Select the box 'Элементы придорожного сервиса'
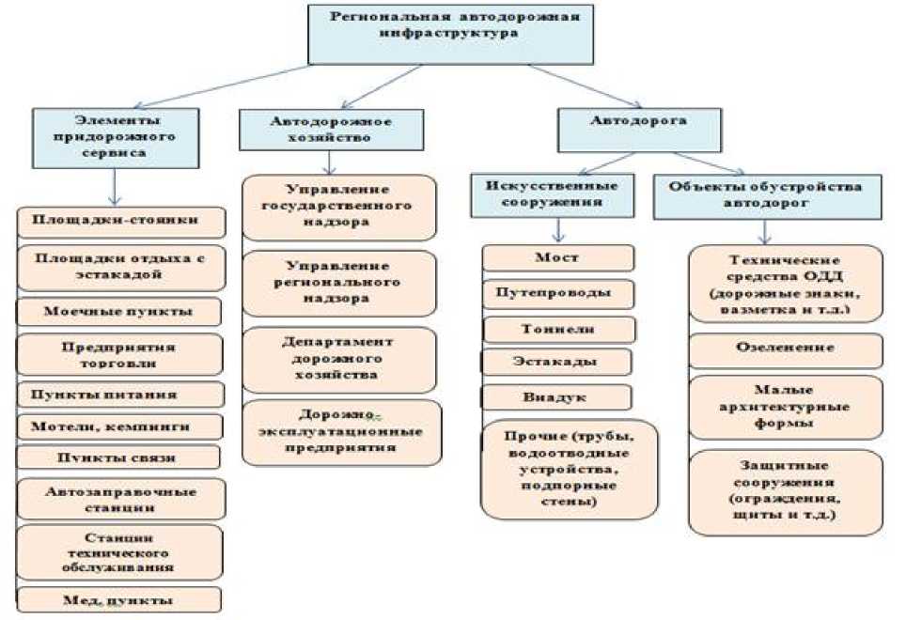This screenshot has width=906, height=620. tap(115, 137)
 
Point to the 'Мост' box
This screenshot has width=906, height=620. tap(557, 257)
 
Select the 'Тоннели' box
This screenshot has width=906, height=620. tap(559, 329)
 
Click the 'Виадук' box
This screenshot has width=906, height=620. tap(559, 396)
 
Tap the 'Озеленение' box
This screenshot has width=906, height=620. tap(786, 349)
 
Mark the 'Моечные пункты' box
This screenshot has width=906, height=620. tap(119, 311)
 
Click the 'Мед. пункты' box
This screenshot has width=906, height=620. tap(119, 599)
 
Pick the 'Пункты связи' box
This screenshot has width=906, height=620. tap(119, 457)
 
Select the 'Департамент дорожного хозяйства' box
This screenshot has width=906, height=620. tap(338, 360)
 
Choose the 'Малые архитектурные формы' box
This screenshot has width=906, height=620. tap(786, 408)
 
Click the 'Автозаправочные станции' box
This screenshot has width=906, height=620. tap(120, 499)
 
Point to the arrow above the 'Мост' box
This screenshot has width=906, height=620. tap(558, 229)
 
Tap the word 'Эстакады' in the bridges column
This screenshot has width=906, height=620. tap(557, 361)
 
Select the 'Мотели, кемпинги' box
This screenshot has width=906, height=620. tap(120, 426)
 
